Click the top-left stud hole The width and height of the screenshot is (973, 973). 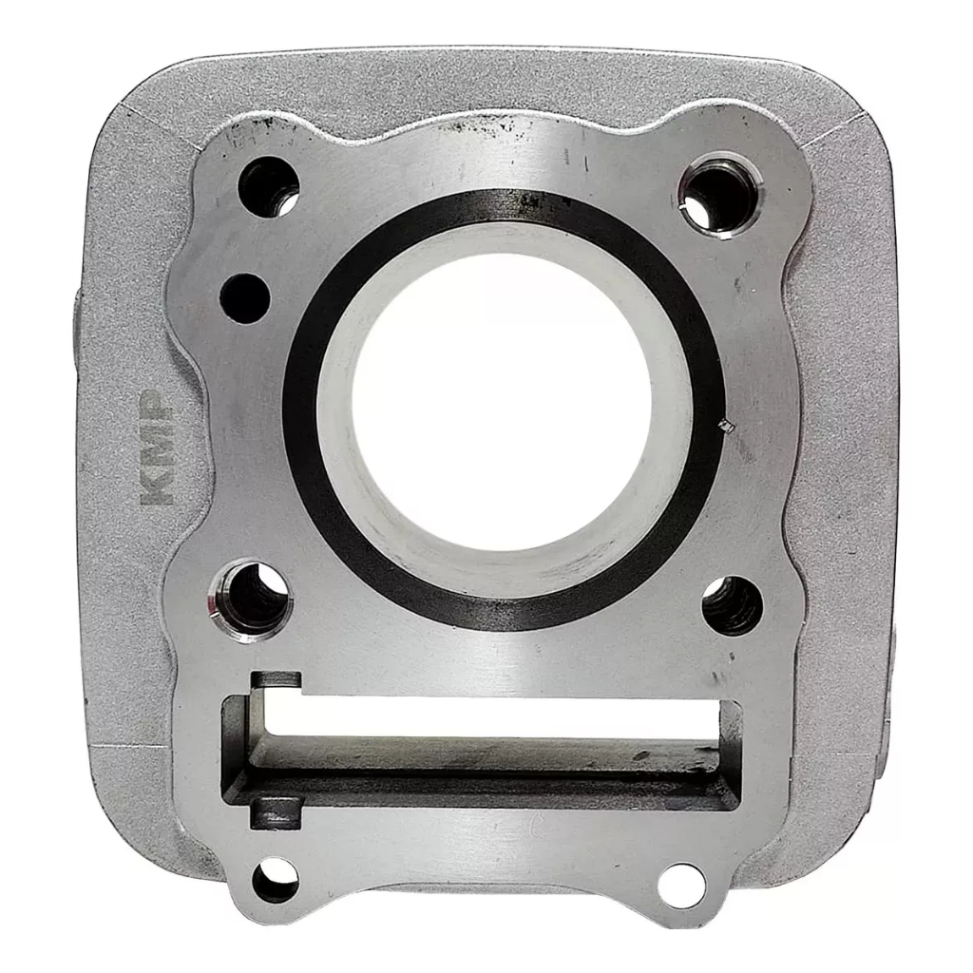point(269,186)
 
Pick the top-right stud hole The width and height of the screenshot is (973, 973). point(718,194)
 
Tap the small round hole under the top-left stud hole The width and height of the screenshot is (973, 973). point(244,298)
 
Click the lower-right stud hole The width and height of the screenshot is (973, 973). point(733,606)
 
